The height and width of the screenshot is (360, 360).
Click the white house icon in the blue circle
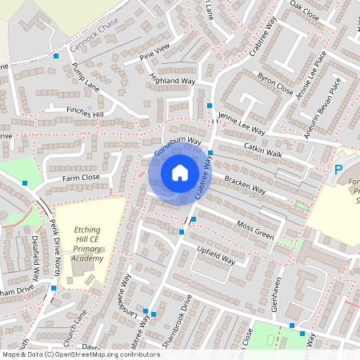tap(180, 172)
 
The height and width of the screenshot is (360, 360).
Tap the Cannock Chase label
tap(94, 34)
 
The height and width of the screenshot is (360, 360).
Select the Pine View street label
tap(155, 54)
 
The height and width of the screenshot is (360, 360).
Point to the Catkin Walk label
tap(263, 150)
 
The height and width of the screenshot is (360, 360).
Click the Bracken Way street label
tap(245, 186)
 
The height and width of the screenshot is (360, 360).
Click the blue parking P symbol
tap(338, 170)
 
